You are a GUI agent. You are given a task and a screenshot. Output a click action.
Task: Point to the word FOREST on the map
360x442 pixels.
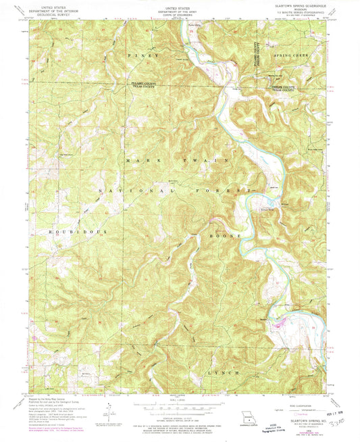[x=216, y=193]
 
